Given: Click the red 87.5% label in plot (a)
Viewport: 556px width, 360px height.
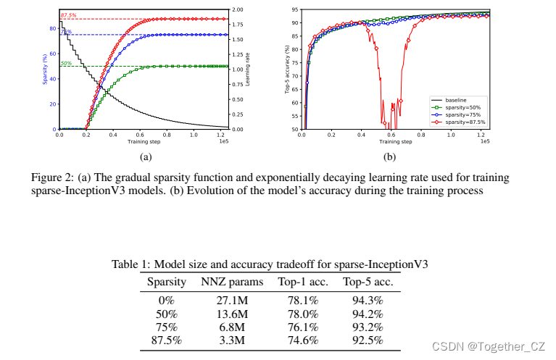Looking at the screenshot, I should click(68, 15).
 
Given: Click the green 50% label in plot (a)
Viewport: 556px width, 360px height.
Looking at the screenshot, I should click(65, 63).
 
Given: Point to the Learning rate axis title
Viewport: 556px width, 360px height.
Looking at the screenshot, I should click(247, 70).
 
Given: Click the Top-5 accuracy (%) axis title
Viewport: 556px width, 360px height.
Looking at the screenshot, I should click(287, 70).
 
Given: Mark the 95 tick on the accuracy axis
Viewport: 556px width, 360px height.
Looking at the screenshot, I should click(296, 9).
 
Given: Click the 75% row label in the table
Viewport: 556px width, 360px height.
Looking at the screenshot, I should click(167, 326).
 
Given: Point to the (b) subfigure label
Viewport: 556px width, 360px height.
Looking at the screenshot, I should click(389, 155).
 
